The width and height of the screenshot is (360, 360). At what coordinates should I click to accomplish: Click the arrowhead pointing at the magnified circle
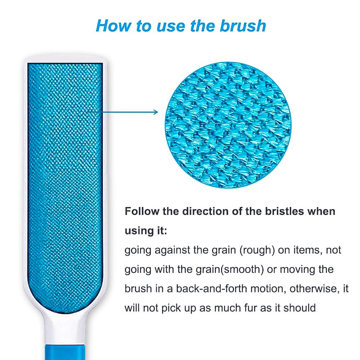(156, 112)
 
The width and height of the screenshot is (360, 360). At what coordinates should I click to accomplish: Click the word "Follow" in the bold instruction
(141, 211)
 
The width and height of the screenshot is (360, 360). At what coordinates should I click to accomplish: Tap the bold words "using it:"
(146, 231)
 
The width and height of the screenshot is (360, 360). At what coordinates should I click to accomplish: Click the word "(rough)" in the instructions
(257, 250)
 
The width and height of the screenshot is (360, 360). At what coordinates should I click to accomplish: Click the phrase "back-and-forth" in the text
(211, 289)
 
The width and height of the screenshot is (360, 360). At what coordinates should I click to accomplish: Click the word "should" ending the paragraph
(300, 308)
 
